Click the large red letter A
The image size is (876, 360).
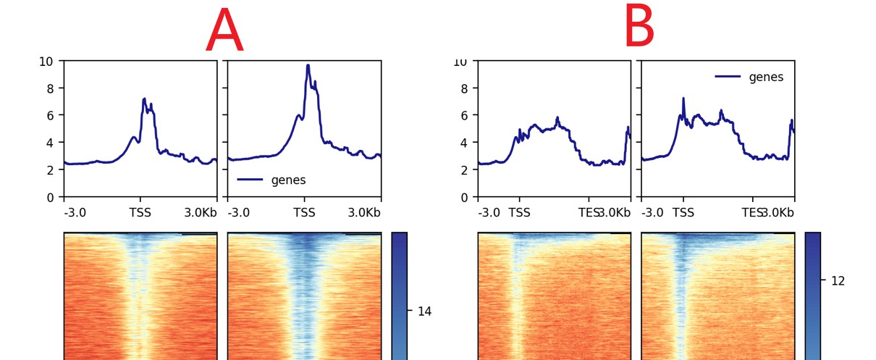pyautogui.click(x=224, y=32)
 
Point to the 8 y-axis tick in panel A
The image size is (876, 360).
pyautogui.click(x=49, y=88)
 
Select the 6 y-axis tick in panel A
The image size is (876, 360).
pyautogui.click(x=49, y=115)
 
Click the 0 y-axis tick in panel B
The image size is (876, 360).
pyautogui.click(x=463, y=197)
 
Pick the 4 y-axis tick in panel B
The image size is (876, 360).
pyautogui.click(x=463, y=143)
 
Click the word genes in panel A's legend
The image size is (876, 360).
pyautogui.click(x=288, y=180)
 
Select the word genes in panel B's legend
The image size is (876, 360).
pyautogui.click(x=766, y=77)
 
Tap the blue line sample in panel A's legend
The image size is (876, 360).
pyautogui.click(x=250, y=180)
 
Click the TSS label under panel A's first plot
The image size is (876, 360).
pyautogui.click(x=140, y=213)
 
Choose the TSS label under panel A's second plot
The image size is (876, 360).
pyautogui.click(x=304, y=213)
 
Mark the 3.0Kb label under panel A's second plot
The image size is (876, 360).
pyautogui.click(x=363, y=213)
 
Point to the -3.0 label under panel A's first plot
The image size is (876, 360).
pyautogui.click(x=75, y=213)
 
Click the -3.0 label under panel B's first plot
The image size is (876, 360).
pyautogui.click(x=489, y=213)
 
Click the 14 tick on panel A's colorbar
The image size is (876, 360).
pyautogui.click(x=424, y=311)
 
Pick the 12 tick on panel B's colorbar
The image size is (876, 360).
pyautogui.click(x=838, y=281)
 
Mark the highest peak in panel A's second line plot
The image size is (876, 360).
pyautogui.click(x=308, y=66)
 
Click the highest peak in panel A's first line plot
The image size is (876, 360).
pyautogui.click(x=144, y=99)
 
